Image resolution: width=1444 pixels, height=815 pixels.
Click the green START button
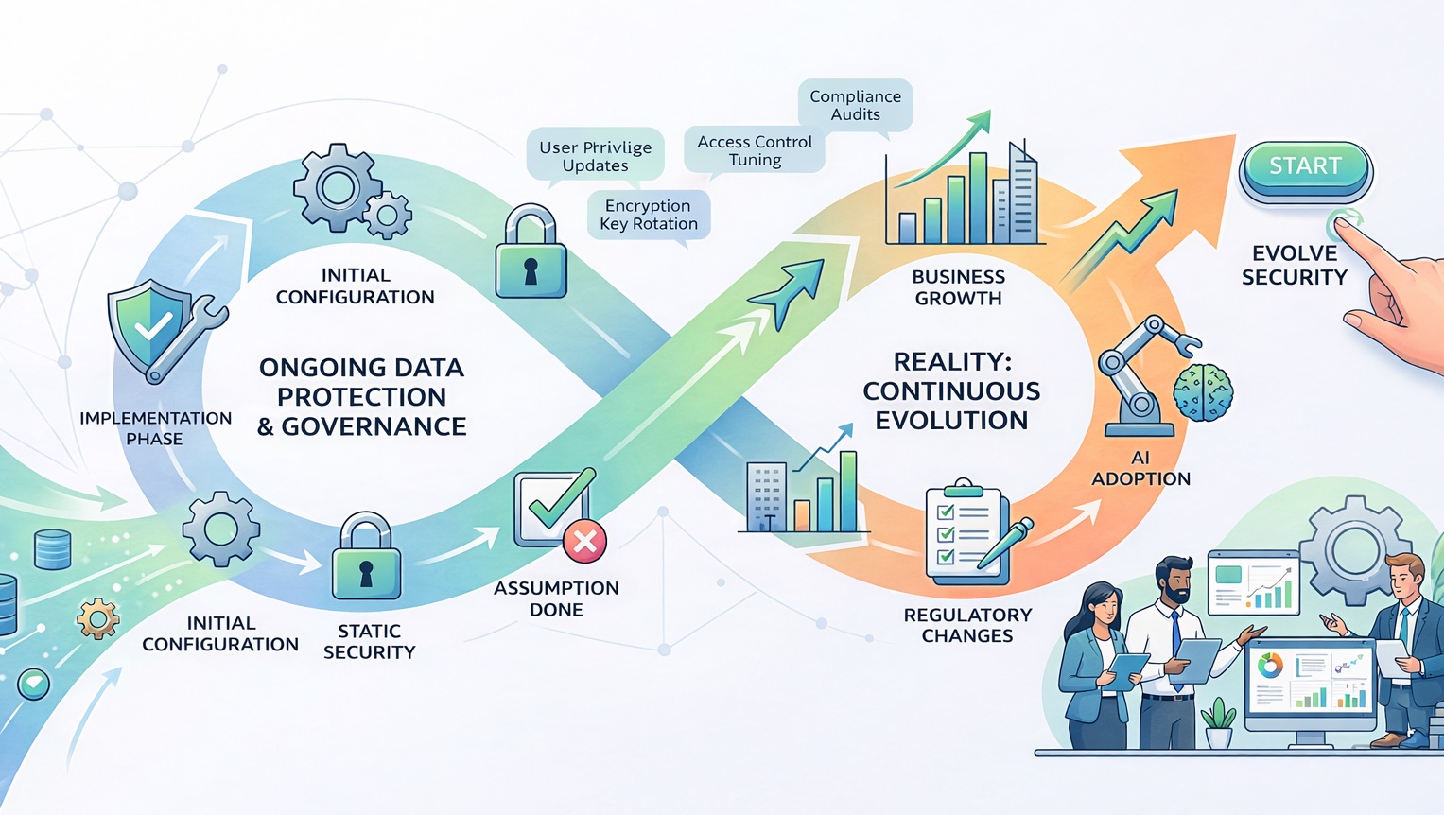pos(1305,167)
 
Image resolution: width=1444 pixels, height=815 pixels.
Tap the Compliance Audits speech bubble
pos(855,105)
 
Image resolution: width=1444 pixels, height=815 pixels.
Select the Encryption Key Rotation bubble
pos(649,215)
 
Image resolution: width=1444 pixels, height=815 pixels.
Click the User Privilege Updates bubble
pos(595,156)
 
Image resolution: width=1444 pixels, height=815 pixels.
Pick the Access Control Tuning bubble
pos(755,150)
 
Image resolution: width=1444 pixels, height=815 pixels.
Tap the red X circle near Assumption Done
pos(584,542)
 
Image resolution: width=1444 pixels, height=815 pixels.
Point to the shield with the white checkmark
pos(148,327)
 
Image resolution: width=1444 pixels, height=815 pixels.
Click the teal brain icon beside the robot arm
pos(1202,392)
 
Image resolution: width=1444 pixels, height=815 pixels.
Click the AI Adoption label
pos(1140,468)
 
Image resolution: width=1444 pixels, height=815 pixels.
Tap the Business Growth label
pos(958,287)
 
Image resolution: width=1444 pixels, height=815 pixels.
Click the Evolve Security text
pos(1294,266)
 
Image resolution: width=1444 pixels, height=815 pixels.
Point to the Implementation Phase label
pos(155,428)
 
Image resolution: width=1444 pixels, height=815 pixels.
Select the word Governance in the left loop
pos(374,427)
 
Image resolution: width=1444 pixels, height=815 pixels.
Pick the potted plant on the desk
pos(1218,723)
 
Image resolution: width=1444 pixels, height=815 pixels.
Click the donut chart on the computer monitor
pos(1270,666)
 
